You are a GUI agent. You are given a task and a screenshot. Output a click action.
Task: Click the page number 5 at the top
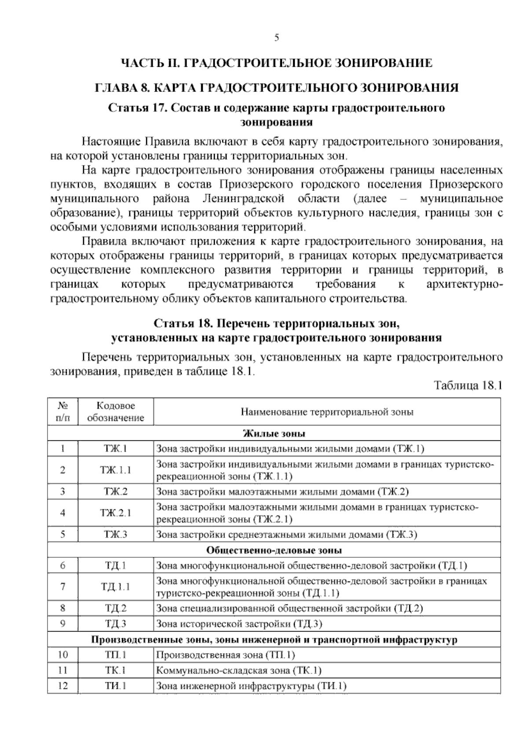click(276, 38)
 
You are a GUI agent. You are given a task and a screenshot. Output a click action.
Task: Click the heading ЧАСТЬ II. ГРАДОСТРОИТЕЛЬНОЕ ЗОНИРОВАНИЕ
click(276, 63)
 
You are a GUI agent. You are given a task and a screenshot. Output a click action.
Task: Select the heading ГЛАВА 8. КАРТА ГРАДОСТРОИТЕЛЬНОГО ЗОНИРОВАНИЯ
click(276, 88)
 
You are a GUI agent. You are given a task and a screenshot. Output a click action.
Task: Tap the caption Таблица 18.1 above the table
click(468, 386)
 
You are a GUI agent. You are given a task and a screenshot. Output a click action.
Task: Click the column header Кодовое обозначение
click(116, 412)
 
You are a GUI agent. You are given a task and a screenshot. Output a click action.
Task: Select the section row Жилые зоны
click(274, 433)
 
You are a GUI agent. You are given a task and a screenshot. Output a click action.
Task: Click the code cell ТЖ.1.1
click(116, 470)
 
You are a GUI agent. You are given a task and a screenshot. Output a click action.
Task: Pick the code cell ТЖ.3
click(116, 534)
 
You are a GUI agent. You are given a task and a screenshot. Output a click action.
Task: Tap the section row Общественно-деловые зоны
click(274, 550)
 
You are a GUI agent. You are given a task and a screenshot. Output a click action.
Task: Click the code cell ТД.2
click(116, 608)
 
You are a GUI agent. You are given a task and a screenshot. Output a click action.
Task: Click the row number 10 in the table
click(63, 655)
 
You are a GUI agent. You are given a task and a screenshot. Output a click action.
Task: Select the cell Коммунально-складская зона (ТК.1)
click(239, 670)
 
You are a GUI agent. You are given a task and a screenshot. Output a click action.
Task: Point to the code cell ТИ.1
click(116, 685)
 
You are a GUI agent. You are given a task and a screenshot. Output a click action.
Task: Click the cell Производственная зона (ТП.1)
click(225, 655)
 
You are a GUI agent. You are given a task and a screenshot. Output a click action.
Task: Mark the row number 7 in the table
click(63, 586)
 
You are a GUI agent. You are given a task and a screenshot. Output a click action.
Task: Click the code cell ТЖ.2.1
click(116, 513)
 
